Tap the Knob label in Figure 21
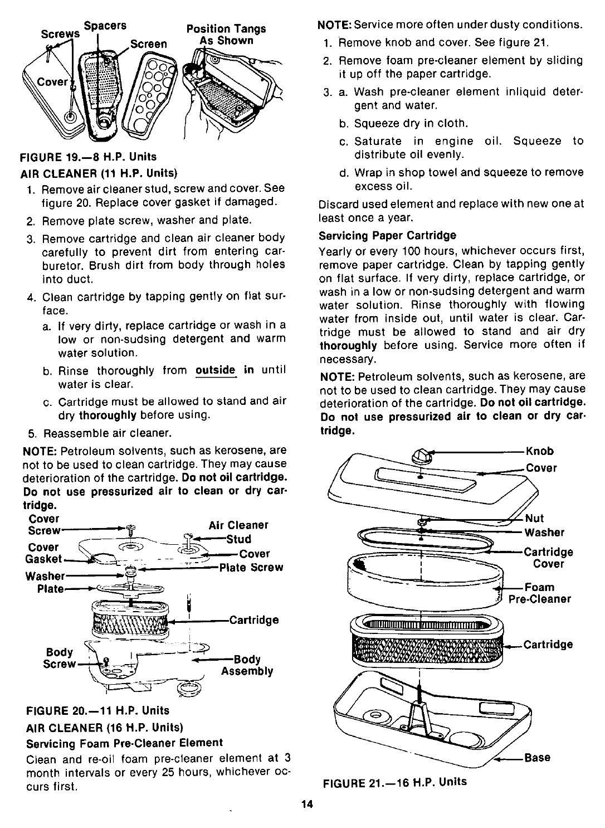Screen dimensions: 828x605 pos(539,452)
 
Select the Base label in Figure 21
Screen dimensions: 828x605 pos(537,757)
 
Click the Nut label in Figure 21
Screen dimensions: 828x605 pos(534,519)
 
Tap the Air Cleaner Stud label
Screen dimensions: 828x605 pos(238,532)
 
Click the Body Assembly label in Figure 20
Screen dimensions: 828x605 pos(247,665)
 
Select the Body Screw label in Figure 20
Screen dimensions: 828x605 pos(60,658)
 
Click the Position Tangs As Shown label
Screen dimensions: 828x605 pos(226,35)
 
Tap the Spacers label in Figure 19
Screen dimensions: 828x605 pos(105,26)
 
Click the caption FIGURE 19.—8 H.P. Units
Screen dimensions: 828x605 pos(89,156)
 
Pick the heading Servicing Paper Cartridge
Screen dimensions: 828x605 pos(387,235)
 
